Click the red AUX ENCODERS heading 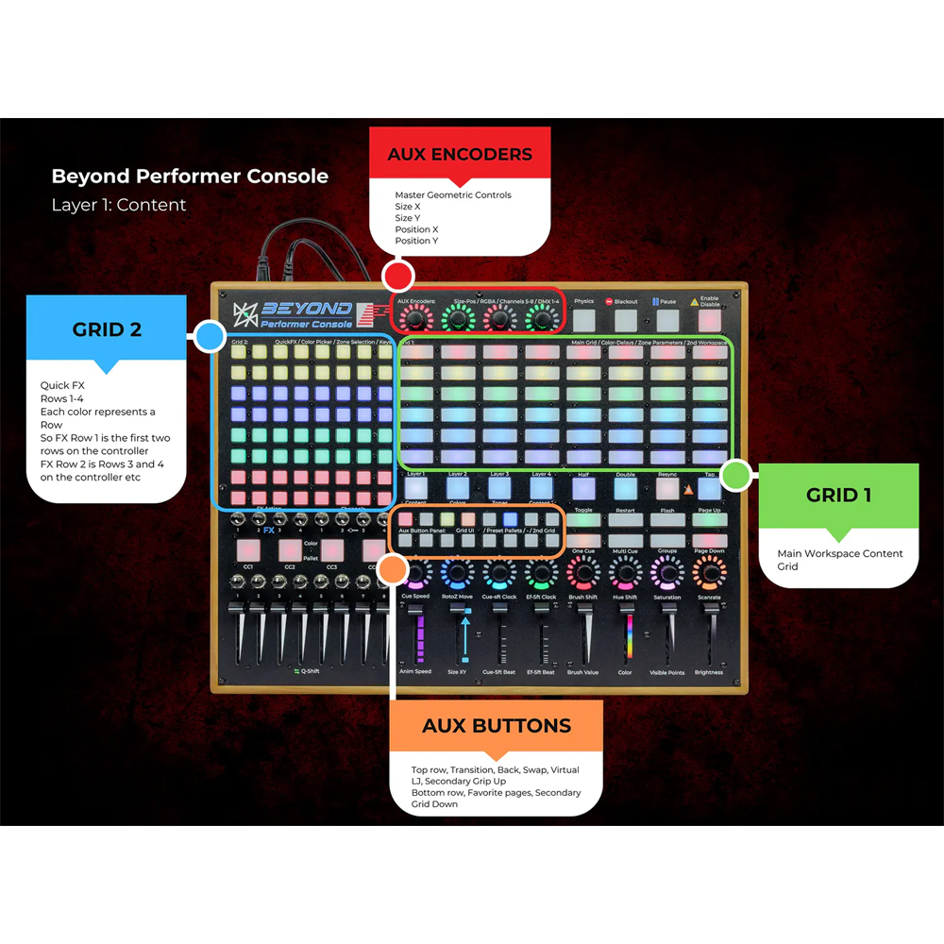click(x=460, y=155)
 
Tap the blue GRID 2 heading click(x=107, y=329)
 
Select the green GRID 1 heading click(x=838, y=495)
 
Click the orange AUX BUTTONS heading click(x=497, y=726)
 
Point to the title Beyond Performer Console click(x=190, y=177)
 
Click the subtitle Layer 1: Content click(x=119, y=205)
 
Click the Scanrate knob click(x=709, y=571)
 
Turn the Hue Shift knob click(x=625, y=571)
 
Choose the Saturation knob click(x=667, y=571)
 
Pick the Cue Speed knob click(x=415, y=571)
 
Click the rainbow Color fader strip click(x=625, y=642)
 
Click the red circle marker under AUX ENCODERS click(x=398, y=277)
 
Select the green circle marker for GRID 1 click(x=735, y=475)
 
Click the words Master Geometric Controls click(x=453, y=195)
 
